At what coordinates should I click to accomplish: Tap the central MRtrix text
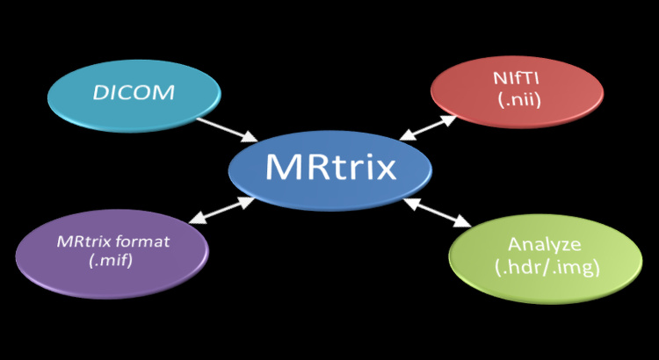330,168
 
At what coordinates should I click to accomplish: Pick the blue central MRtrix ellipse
330,195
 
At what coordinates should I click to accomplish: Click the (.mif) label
112,260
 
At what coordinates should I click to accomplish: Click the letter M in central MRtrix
284,168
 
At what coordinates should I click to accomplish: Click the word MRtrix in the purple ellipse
83,241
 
